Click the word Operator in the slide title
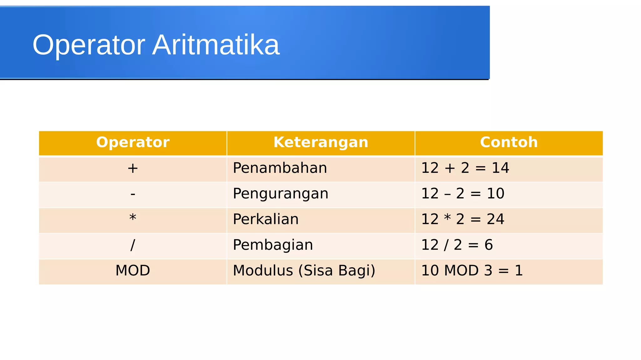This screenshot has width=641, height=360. click(89, 45)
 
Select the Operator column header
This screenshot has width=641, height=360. click(133, 142)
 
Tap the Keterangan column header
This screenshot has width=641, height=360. click(321, 142)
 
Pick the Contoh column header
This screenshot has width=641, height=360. click(509, 142)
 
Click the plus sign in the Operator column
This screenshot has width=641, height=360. click(133, 168)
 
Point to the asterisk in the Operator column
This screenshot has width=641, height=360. click(133, 218)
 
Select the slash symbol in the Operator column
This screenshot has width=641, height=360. click(133, 245)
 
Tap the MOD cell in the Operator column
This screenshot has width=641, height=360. click(133, 270)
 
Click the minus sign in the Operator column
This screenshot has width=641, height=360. click(133, 194)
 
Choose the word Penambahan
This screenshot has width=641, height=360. click(280, 168)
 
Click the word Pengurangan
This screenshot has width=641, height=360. click(280, 194)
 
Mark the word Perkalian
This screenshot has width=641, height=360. click(266, 219)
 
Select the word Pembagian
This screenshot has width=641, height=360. click(273, 245)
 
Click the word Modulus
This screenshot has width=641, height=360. click(263, 270)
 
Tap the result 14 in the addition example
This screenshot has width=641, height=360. click(500, 168)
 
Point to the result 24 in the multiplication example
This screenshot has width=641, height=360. click(495, 219)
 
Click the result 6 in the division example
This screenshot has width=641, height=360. click(489, 245)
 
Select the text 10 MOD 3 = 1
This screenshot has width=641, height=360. click(472, 270)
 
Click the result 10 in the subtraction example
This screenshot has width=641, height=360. click(495, 194)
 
